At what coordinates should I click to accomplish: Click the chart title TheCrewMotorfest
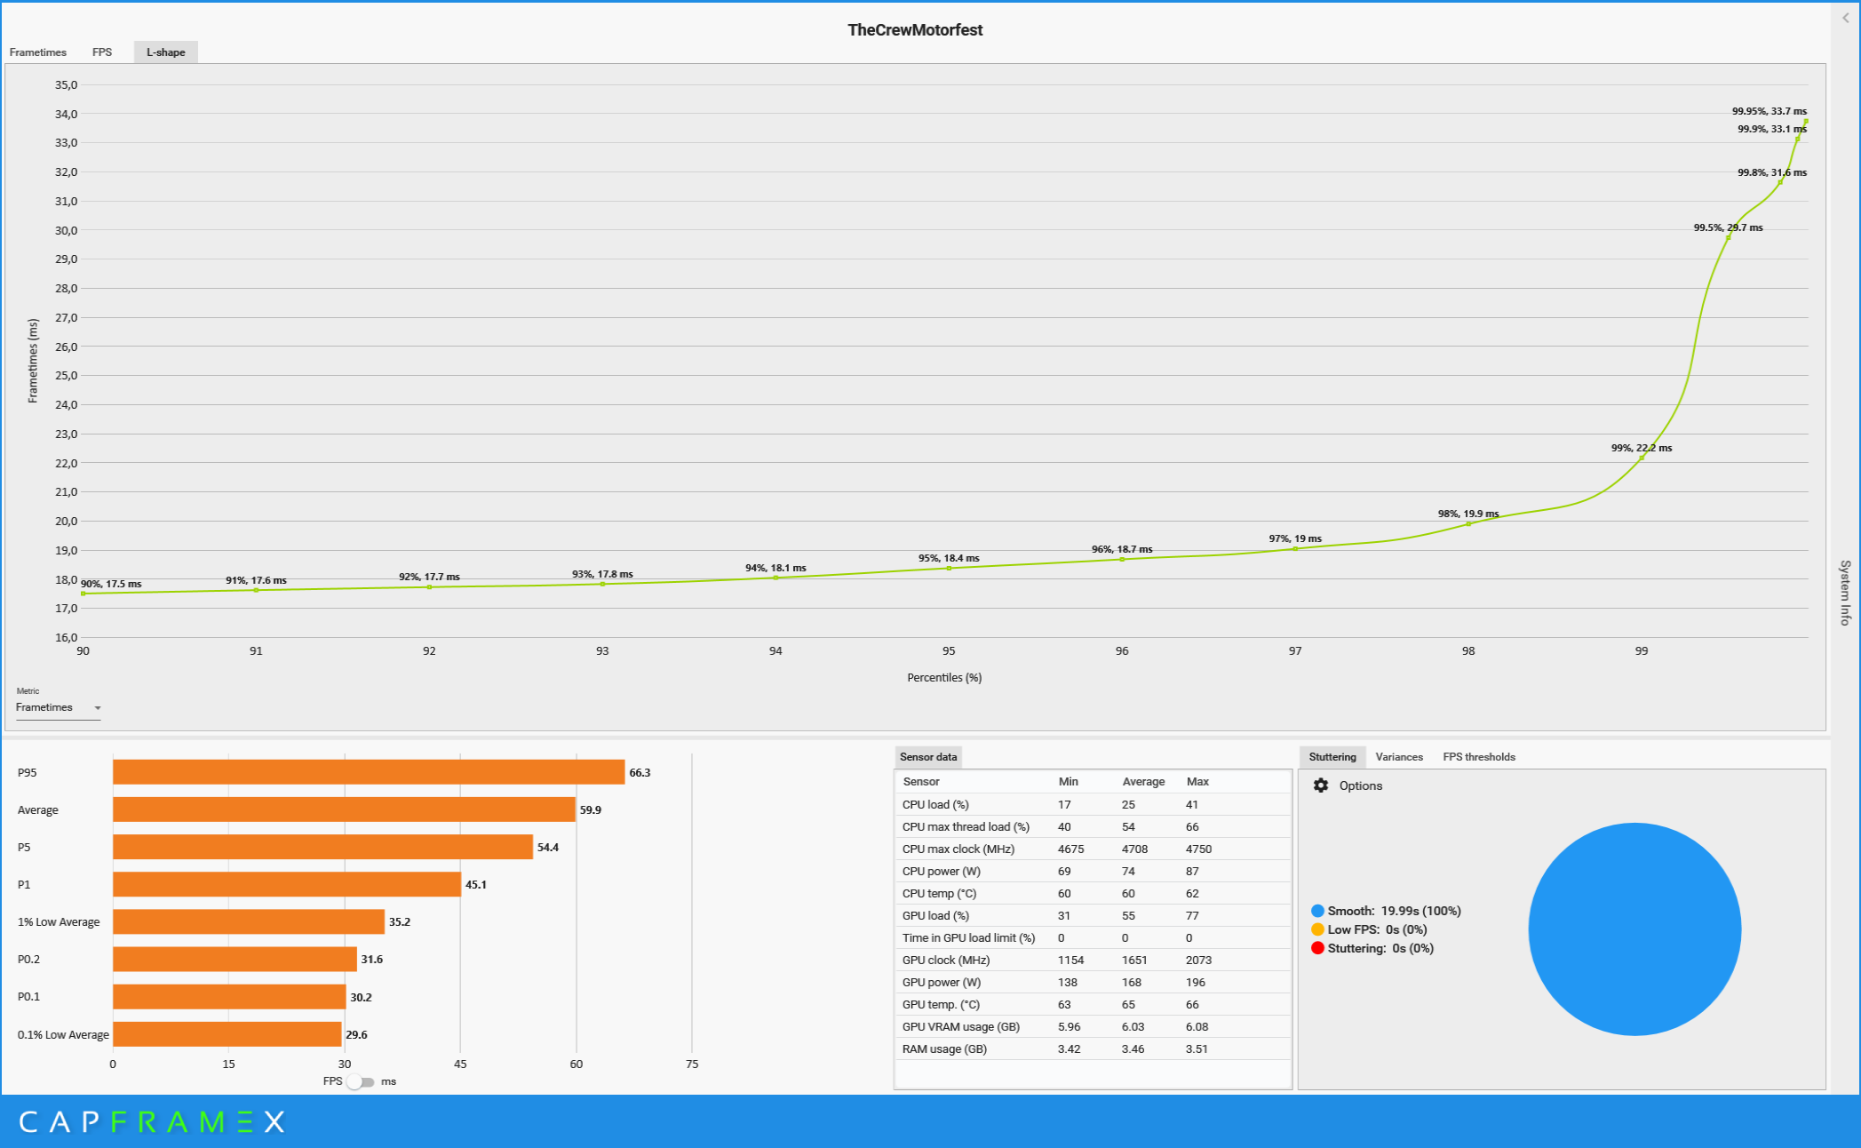(x=914, y=30)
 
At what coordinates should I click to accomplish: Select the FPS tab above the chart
(x=102, y=52)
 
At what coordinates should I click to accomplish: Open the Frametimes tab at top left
(x=38, y=52)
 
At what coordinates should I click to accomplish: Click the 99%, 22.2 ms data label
(x=1641, y=448)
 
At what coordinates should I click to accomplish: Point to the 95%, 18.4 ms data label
(x=948, y=558)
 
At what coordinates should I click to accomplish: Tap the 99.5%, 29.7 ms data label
(x=1728, y=227)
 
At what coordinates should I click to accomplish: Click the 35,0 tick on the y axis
(x=67, y=85)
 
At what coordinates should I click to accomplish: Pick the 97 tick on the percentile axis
(x=1294, y=651)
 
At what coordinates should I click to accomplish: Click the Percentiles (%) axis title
(x=943, y=678)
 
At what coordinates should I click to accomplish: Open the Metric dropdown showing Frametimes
(x=59, y=708)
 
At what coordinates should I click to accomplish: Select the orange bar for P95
(x=368, y=772)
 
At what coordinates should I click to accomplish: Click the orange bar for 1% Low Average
(x=248, y=921)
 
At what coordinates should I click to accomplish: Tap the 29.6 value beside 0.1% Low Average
(x=356, y=1034)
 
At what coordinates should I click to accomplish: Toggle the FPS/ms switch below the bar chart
(x=361, y=1081)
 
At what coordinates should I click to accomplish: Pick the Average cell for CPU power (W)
(x=1128, y=872)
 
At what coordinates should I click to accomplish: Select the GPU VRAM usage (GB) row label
(x=960, y=1027)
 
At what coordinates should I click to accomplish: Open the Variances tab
(x=1398, y=757)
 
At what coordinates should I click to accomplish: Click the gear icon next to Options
(x=1321, y=785)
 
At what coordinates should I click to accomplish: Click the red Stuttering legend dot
(x=1317, y=948)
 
